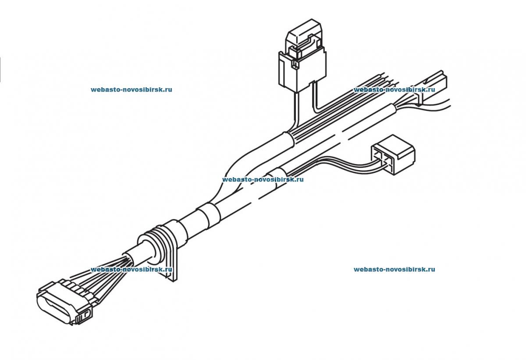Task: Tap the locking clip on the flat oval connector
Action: click(85, 316)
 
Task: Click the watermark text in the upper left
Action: click(131, 89)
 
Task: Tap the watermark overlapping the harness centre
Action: click(263, 179)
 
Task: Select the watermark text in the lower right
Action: click(394, 269)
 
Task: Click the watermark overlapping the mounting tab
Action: click(131, 270)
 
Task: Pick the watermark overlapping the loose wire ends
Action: click(394, 89)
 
